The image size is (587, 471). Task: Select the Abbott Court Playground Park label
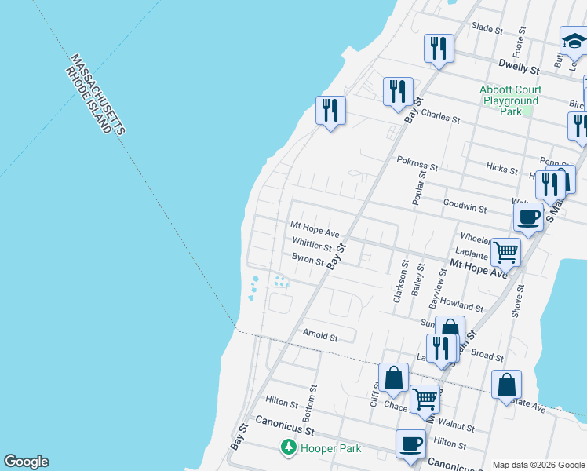tap(510, 100)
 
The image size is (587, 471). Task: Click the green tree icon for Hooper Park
tap(289, 448)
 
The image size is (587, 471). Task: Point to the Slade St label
tap(487, 29)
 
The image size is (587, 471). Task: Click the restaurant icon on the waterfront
tap(330, 109)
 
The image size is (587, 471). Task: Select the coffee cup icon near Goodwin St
tap(528, 216)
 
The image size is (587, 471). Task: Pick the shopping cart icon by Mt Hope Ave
tap(506, 252)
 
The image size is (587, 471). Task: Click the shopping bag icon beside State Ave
tap(506, 384)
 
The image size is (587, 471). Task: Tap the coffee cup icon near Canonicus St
tap(410, 444)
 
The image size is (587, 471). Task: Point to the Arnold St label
tap(320, 337)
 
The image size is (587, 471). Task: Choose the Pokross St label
tap(417, 167)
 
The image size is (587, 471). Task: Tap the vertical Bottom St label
tap(312, 400)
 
